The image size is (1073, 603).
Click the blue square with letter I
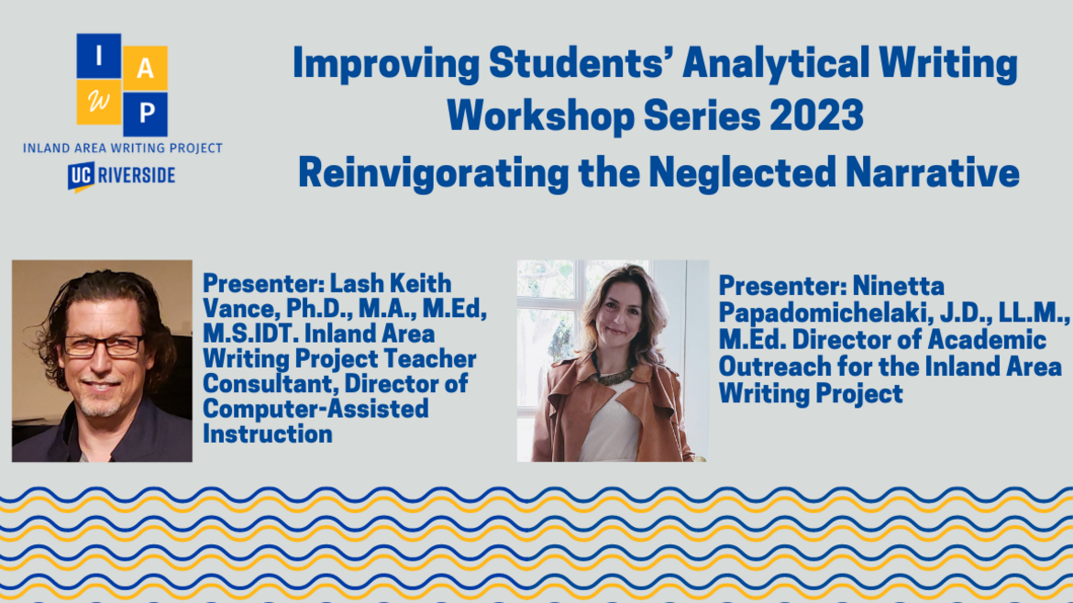point(99,55)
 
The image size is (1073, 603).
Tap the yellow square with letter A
point(145,68)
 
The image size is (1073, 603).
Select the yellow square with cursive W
point(98,102)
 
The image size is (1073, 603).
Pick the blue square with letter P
point(145,115)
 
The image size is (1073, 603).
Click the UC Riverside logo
point(122,176)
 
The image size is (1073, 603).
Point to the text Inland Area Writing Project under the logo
point(123,148)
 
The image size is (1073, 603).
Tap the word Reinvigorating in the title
point(433,173)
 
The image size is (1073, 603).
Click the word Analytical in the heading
point(775,63)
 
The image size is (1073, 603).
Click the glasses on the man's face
point(104,346)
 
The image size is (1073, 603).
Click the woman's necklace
point(614,376)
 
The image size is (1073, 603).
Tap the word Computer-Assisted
point(315,410)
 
